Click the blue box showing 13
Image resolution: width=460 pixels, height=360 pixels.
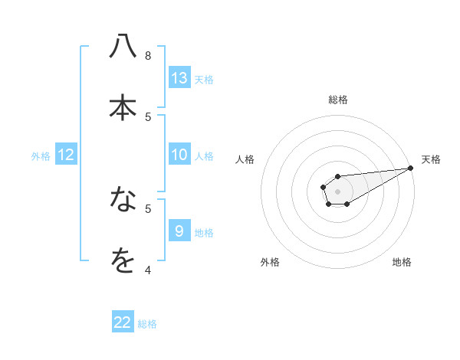click(179, 77)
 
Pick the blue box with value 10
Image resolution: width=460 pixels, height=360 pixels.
click(179, 155)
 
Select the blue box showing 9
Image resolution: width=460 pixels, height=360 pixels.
click(179, 231)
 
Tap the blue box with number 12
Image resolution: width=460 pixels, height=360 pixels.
click(66, 155)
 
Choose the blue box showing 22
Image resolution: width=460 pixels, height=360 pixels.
click(123, 322)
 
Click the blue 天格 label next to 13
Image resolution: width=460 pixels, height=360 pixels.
click(204, 79)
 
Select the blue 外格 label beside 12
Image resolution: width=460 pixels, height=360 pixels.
click(41, 156)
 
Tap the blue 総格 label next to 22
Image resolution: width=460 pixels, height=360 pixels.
click(147, 324)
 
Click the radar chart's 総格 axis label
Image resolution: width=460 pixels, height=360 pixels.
click(337, 100)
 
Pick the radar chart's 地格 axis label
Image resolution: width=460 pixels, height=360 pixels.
click(402, 263)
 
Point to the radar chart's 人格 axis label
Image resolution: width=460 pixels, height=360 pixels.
click(245, 159)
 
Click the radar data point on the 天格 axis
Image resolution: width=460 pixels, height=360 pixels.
click(410, 168)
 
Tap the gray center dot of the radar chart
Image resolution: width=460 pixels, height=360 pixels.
click(337, 190)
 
